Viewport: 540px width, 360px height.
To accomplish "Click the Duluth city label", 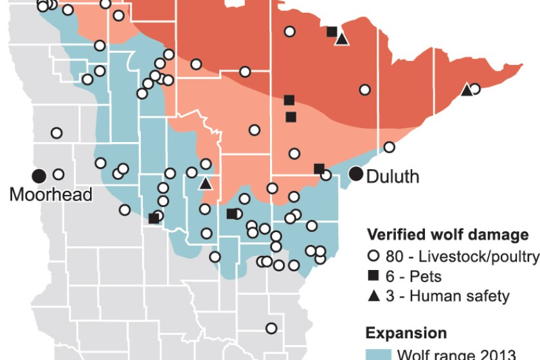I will [x=393, y=176].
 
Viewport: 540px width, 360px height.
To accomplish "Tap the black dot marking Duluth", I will [x=355, y=173].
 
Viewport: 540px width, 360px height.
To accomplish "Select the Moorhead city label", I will [x=51, y=194].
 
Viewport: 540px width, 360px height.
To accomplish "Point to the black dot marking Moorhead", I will [x=39, y=175].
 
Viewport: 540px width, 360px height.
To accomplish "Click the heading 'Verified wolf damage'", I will [x=447, y=235].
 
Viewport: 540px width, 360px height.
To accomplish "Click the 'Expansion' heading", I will [x=406, y=333].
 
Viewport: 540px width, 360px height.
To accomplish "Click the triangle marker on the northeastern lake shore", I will [x=466, y=90].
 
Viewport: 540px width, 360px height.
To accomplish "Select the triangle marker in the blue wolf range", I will [x=205, y=183].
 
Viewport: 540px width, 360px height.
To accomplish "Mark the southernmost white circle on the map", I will [x=271, y=328].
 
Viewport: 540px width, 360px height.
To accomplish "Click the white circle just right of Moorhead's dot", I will [x=59, y=174].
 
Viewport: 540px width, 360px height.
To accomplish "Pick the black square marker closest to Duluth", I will [x=319, y=168].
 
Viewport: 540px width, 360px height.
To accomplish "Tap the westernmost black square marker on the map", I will [x=154, y=219].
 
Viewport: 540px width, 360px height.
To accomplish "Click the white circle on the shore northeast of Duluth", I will [x=389, y=147].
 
